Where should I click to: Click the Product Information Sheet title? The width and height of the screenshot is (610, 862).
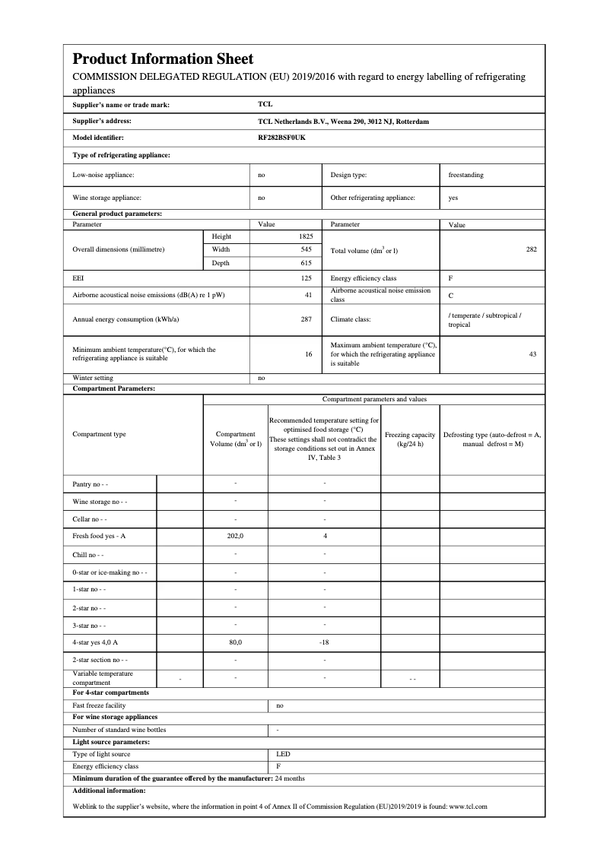[x=163, y=59]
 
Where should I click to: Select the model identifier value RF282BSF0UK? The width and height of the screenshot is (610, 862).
[x=281, y=138]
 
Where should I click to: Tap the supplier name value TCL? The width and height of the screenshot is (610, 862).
[x=265, y=105]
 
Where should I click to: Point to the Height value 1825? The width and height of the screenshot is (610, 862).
[x=306, y=236]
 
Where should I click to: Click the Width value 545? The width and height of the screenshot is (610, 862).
[x=307, y=249]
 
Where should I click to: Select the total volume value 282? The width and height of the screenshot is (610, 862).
[x=531, y=249]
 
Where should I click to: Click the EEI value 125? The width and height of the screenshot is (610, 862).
[x=307, y=278]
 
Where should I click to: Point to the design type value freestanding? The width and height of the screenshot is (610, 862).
[x=465, y=175]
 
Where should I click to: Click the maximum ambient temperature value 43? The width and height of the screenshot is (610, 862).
[x=532, y=353]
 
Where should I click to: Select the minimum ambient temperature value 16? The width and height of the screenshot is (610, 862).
[x=308, y=353]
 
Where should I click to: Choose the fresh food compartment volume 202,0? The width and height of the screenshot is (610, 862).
[x=235, y=536]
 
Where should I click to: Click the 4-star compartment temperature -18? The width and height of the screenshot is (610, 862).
[x=324, y=642]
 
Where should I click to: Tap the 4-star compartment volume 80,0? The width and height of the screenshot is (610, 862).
[x=235, y=642]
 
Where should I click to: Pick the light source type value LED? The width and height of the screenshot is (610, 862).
[x=282, y=754]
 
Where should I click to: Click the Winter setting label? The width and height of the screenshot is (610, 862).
[x=93, y=378]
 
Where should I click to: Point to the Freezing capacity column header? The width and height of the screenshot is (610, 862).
[x=410, y=439]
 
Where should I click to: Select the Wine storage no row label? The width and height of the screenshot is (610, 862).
[x=100, y=502]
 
